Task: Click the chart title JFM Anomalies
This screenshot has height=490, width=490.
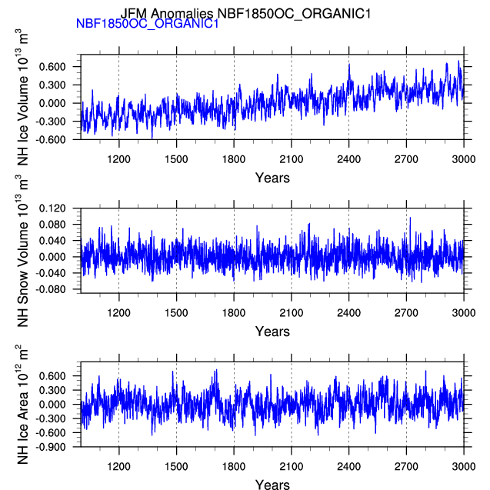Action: (x=166, y=13)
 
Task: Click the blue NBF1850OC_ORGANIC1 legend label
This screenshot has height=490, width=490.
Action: (x=147, y=23)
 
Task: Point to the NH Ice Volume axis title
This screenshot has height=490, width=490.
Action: (x=22, y=97)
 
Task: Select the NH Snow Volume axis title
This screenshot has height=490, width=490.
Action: (x=22, y=252)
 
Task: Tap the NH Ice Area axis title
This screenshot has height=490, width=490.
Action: (x=22, y=405)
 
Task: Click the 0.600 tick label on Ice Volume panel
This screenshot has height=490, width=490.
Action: (x=52, y=67)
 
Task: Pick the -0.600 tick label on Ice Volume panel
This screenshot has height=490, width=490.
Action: (x=50, y=139)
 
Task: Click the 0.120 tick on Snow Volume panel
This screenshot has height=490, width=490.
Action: (x=52, y=208)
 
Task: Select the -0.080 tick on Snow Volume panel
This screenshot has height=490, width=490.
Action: (x=50, y=289)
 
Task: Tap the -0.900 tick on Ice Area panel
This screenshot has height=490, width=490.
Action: (x=50, y=447)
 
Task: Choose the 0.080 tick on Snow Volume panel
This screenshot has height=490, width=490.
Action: (x=52, y=225)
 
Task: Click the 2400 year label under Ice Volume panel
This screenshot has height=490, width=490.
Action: (x=348, y=159)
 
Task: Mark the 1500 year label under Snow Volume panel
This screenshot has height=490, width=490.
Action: (x=176, y=313)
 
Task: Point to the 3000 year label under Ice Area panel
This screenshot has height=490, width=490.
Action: (x=464, y=467)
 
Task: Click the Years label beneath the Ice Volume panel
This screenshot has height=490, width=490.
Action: (x=272, y=178)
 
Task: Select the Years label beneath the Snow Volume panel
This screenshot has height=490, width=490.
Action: (x=272, y=332)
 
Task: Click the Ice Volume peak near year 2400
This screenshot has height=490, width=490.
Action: (x=349, y=64)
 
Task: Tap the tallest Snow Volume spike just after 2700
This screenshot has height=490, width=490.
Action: (x=410, y=218)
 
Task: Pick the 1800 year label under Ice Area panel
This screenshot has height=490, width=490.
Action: (x=234, y=467)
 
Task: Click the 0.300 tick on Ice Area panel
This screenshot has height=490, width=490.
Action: (x=52, y=390)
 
